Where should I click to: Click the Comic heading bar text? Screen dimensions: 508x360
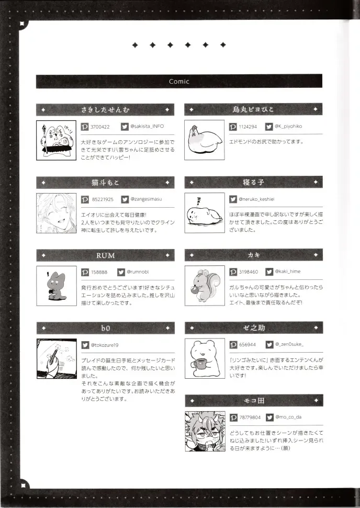[x=179, y=81]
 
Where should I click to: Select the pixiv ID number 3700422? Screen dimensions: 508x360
[x=100, y=127]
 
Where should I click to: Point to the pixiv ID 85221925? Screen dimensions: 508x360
[x=102, y=199]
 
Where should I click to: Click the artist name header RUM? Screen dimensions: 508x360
[x=105, y=255]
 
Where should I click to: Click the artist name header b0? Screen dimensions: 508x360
[x=105, y=328]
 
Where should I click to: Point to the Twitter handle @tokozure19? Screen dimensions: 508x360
[x=107, y=345]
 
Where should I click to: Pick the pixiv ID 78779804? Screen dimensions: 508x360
[x=250, y=417]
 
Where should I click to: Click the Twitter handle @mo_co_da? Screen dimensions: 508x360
[x=288, y=417]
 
